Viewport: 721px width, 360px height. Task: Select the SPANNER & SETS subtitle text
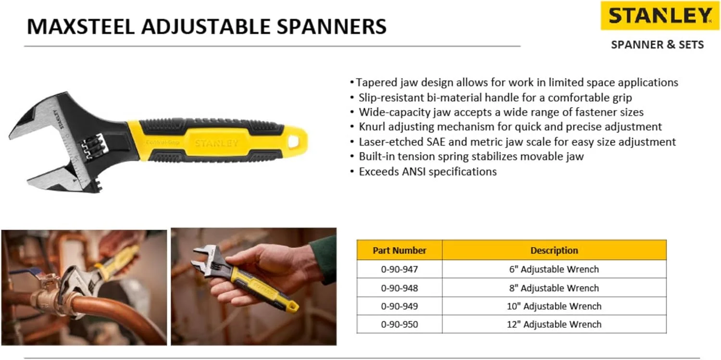[x=657, y=45]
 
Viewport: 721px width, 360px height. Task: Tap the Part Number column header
[x=399, y=250]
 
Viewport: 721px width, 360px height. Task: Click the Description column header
[x=554, y=250]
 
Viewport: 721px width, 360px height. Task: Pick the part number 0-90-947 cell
[x=399, y=270]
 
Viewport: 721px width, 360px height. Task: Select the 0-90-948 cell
[x=399, y=288]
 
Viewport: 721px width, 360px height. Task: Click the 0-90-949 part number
[x=399, y=306]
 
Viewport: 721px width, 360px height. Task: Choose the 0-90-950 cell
[x=399, y=324]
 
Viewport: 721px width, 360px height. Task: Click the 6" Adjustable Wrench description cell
[x=554, y=270]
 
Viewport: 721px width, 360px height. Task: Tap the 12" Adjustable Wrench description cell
[x=554, y=324]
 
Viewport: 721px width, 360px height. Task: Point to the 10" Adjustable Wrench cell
[x=554, y=306]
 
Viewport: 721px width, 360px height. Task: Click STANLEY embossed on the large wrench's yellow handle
[x=216, y=143]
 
